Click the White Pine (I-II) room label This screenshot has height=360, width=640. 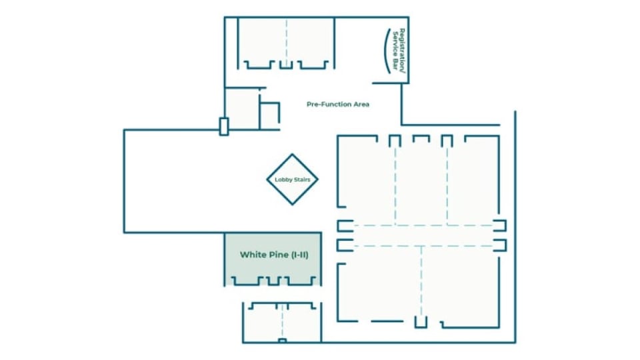274,255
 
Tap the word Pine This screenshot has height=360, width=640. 275,255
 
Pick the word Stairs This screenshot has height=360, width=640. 301,179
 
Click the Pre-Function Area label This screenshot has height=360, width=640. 338,104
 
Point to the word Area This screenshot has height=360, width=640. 361,104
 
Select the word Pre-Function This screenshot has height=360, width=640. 329,104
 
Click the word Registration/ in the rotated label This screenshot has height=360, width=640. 403,51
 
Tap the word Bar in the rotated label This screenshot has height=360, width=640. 395,64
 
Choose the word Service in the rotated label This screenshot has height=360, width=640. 395,44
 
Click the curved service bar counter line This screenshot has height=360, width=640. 385,51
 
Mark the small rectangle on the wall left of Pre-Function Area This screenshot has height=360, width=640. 224,127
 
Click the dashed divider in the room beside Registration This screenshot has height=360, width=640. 287,43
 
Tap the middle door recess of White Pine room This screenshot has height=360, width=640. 273,281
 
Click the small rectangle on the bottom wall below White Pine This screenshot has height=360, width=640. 282,341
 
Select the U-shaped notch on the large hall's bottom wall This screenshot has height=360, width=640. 421,322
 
